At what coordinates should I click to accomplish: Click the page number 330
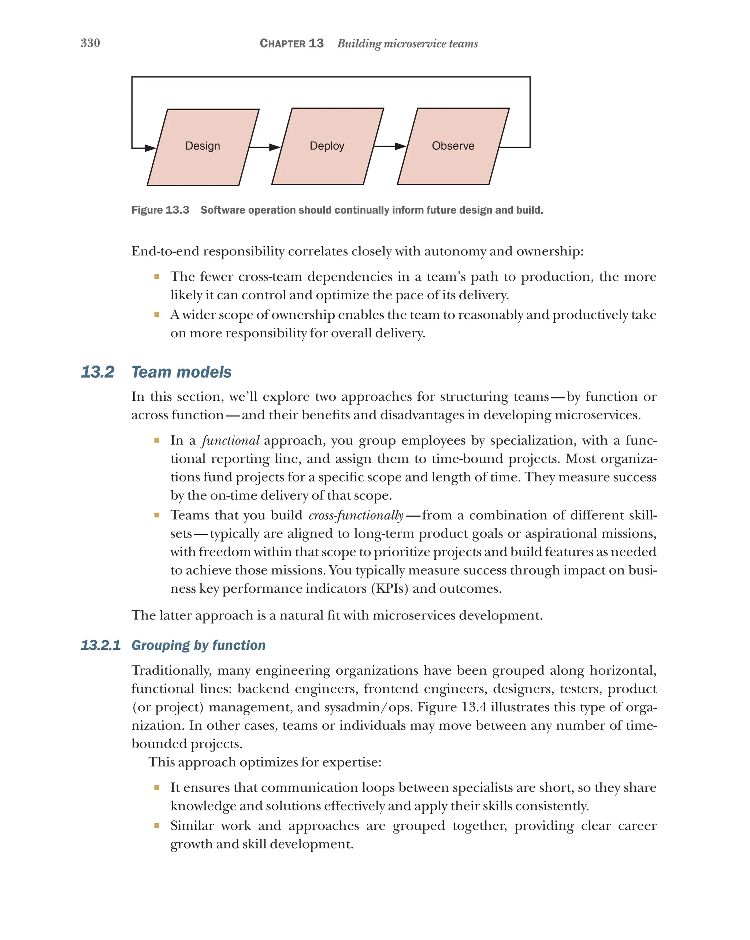[90, 43]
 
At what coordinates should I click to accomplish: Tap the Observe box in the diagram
[453, 146]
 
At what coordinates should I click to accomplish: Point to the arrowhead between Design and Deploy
[275, 147]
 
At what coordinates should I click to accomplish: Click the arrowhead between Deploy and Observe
[401, 146]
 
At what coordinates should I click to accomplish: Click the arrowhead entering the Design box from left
[150, 148]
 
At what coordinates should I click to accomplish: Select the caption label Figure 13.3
[160, 210]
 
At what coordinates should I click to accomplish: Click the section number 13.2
[98, 372]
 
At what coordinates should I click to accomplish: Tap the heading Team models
[182, 372]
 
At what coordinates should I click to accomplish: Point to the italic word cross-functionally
[356, 515]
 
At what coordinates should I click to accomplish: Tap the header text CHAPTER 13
[292, 44]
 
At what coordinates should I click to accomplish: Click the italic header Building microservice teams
[408, 44]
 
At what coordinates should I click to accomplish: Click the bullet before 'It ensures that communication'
[157, 787]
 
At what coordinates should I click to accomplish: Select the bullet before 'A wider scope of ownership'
[157, 314]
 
